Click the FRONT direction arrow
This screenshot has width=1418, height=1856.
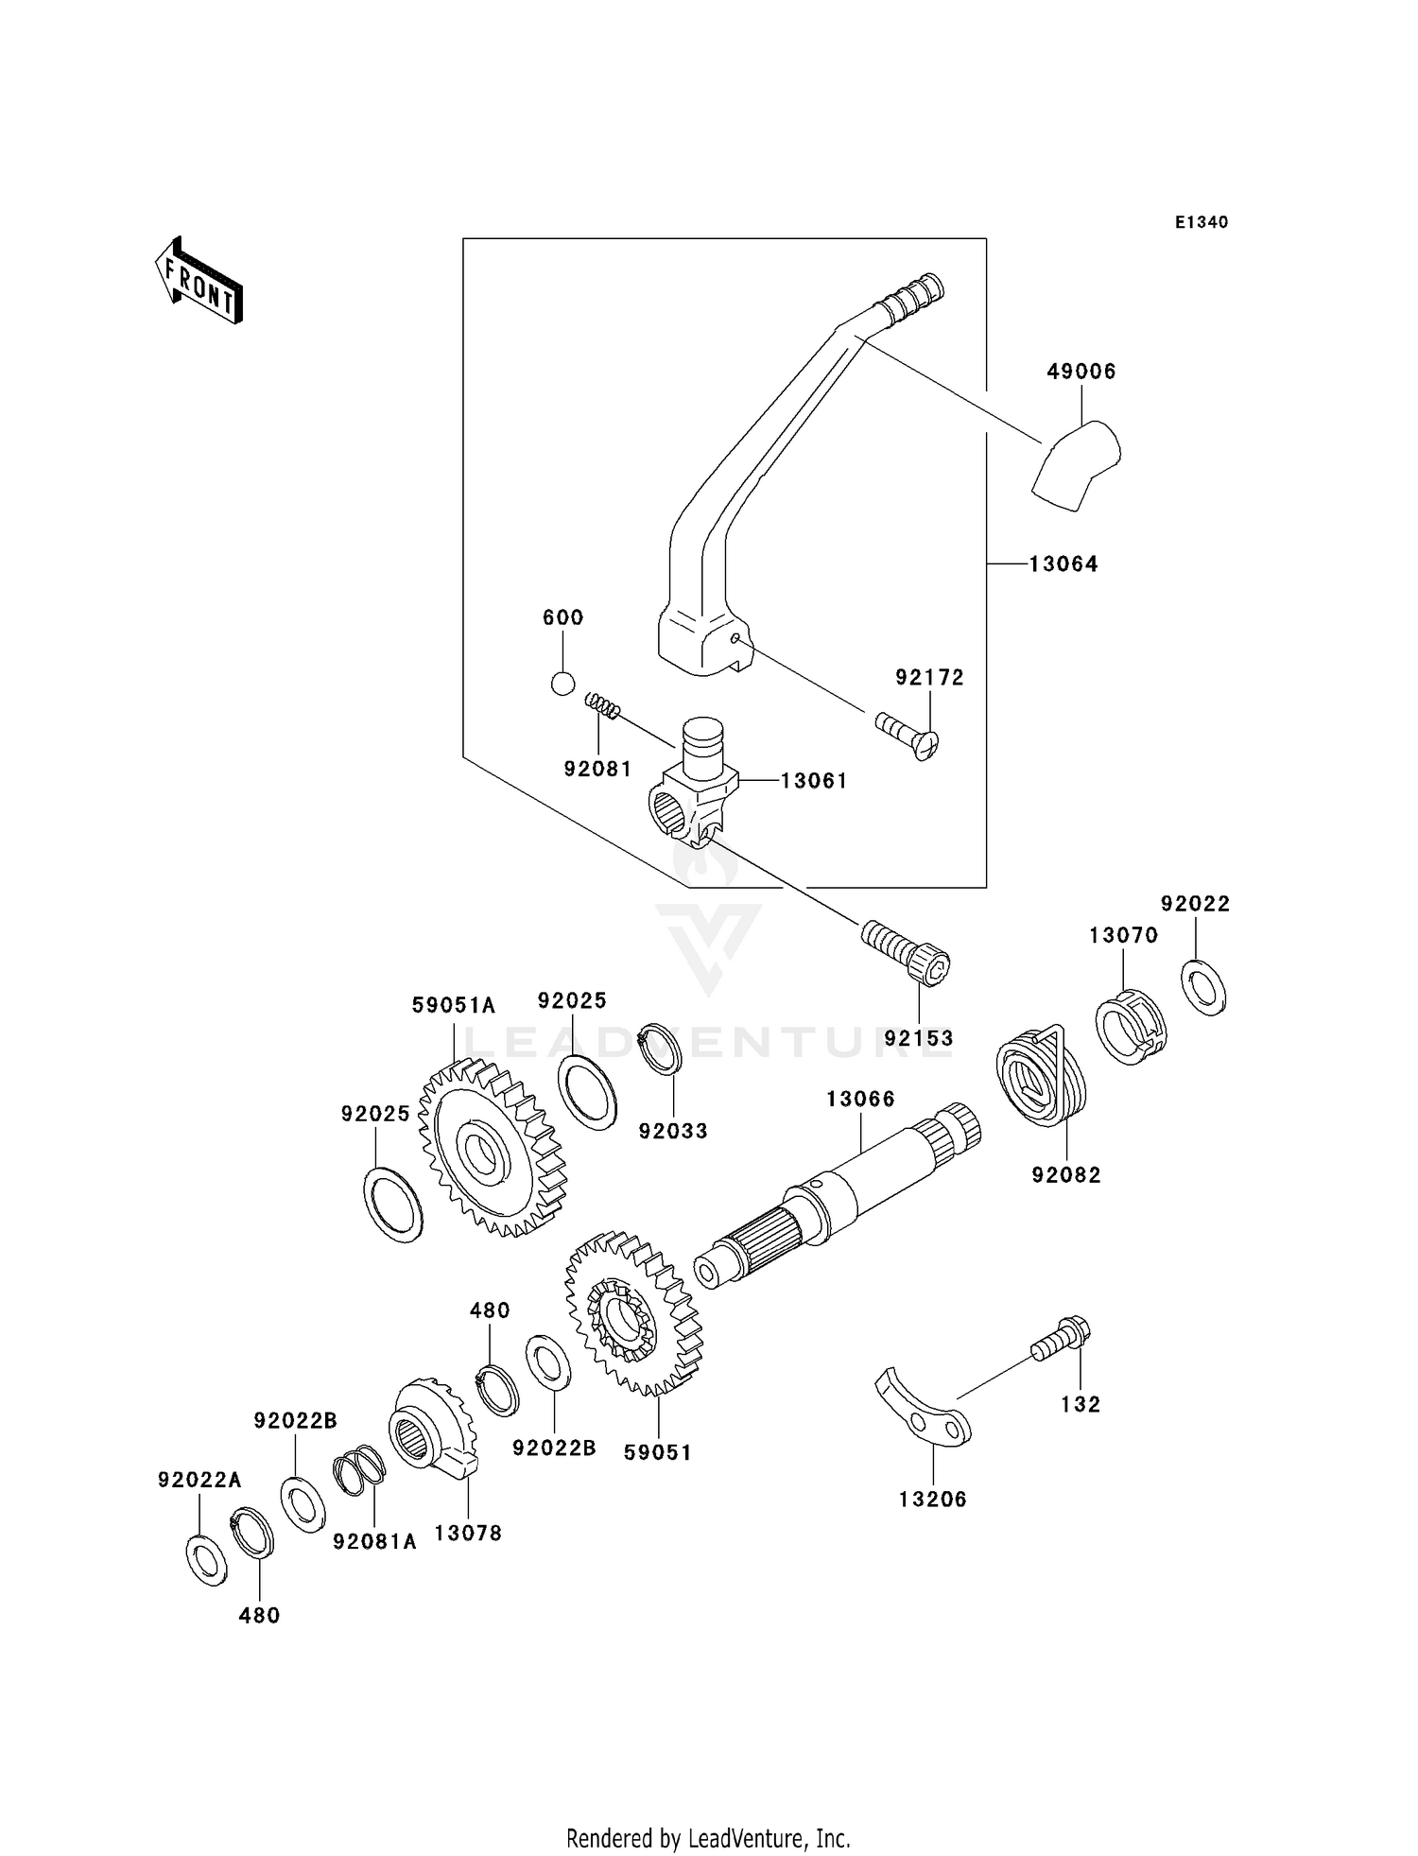[199, 282]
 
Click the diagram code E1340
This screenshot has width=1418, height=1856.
[1202, 222]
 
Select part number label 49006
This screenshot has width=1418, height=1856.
[1081, 372]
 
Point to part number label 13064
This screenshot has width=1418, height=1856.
[1063, 564]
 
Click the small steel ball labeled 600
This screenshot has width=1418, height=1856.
[562, 684]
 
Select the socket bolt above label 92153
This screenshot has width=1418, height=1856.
[906, 952]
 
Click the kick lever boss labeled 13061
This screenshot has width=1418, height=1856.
[695, 789]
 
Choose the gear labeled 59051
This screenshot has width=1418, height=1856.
[632, 1313]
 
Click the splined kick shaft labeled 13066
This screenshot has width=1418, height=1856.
[837, 1195]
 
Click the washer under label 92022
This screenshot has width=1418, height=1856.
[1203, 987]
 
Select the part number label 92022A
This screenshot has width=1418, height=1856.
[199, 1480]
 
